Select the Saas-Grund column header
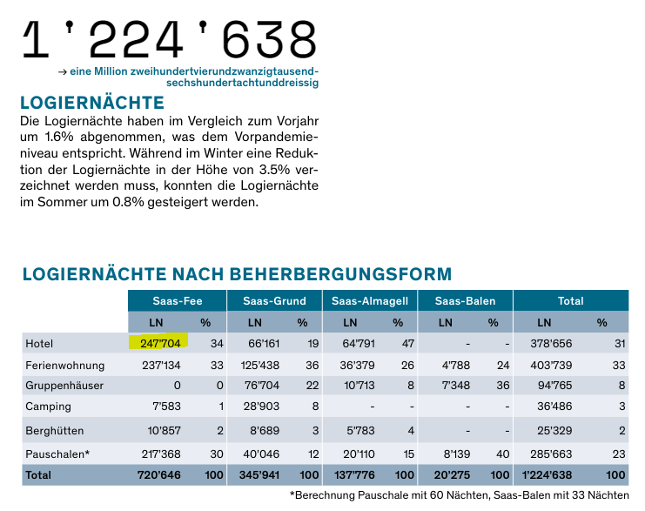pos(274,301)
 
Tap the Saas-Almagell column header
pos(370,301)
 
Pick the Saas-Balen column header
pos(465,301)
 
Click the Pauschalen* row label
pos(57,454)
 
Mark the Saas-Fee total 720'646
pos(160,475)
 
